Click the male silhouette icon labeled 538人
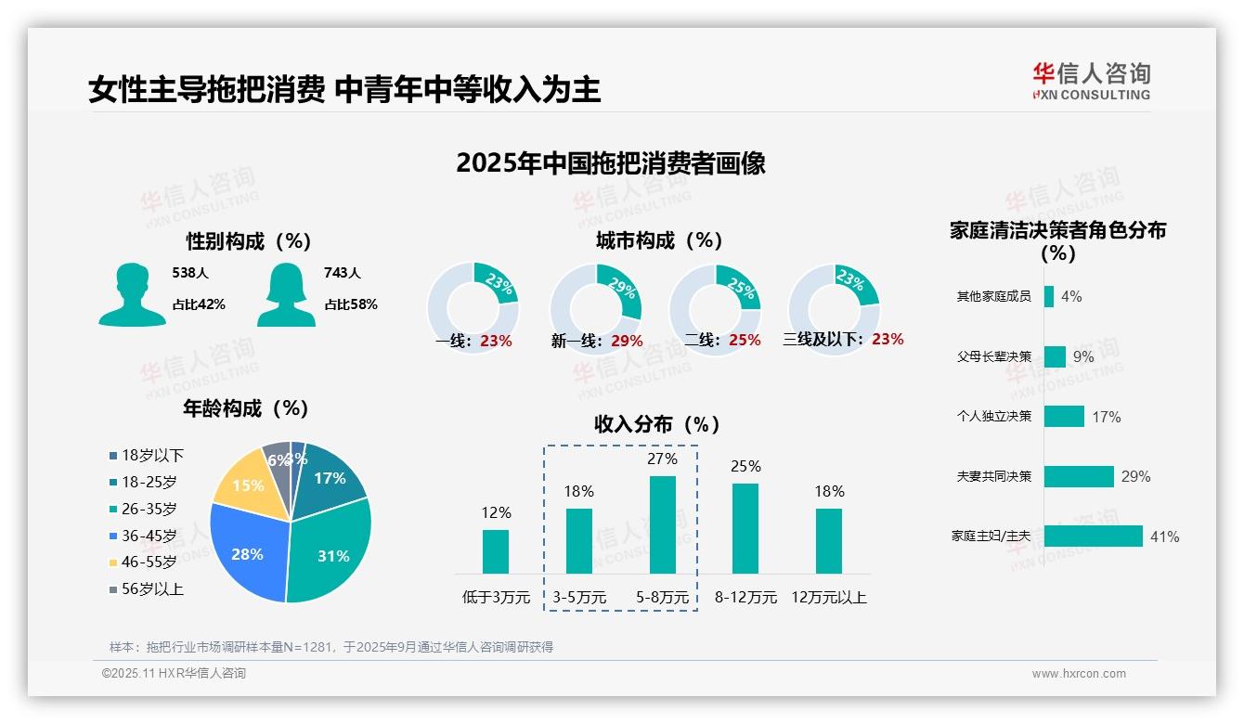pyautogui.click(x=132, y=295)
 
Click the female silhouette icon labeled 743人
pyautogui.click(x=286, y=295)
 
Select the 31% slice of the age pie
pyautogui.click(x=330, y=555)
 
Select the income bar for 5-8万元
pyautogui.click(x=662, y=524)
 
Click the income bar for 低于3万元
pyautogui.click(x=496, y=551)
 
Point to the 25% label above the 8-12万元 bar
pyautogui.click(x=745, y=466)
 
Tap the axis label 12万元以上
pyautogui.click(x=828, y=597)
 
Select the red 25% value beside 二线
pyautogui.click(x=745, y=341)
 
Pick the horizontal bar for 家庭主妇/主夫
pyautogui.click(x=1093, y=537)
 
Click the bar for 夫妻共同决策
pyautogui.click(x=1079, y=476)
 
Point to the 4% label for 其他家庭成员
pyautogui.click(x=1071, y=296)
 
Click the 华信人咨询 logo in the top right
pyautogui.click(x=1091, y=81)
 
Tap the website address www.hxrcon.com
pyautogui.click(x=1078, y=674)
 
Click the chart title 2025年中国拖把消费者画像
pyautogui.click(x=611, y=163)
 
